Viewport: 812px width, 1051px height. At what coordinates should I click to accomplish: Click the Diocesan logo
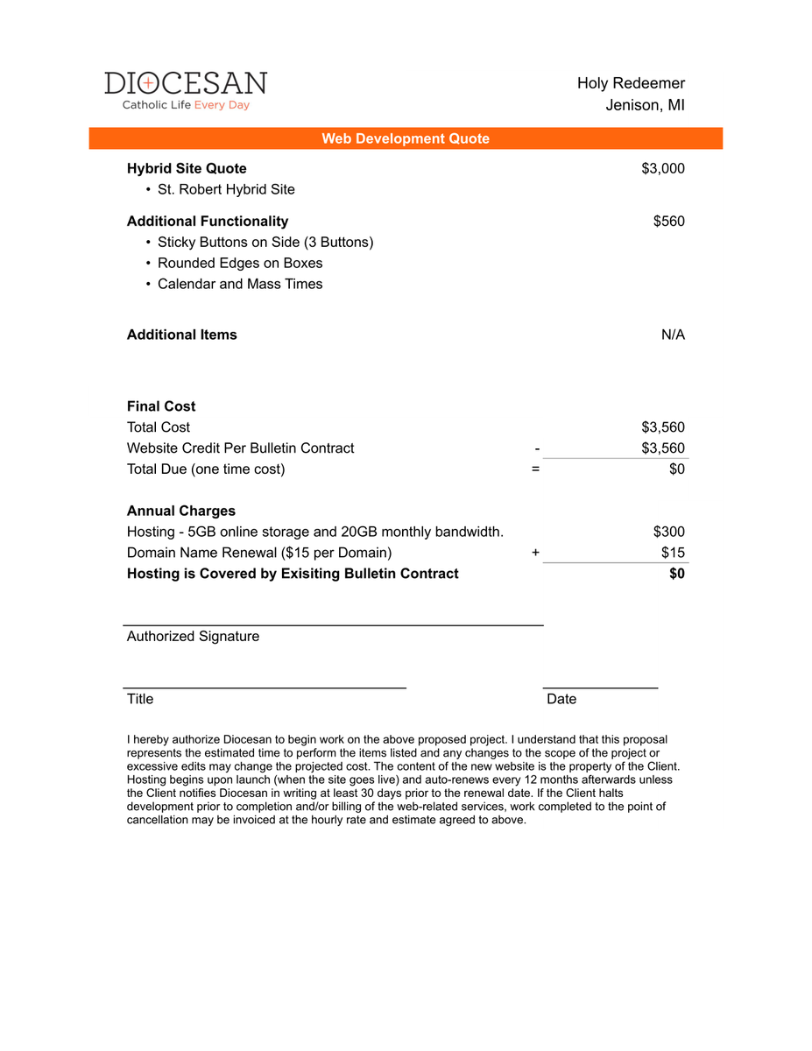pos(185,90)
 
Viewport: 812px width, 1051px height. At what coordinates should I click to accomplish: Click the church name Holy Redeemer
pos(631,83)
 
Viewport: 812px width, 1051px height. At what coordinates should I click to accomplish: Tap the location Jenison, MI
pos(645,105)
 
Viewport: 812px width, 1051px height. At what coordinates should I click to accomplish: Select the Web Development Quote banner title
pos(406,138)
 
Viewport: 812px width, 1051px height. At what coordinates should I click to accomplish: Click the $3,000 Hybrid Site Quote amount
pos(663,168)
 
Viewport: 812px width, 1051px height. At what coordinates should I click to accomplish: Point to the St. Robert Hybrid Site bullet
pos(226,189)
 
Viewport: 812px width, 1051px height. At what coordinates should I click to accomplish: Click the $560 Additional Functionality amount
pos(669,221)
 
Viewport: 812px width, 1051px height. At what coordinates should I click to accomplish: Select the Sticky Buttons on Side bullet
pos(265,242)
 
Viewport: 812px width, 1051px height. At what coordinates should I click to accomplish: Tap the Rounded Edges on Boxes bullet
pos(240,263)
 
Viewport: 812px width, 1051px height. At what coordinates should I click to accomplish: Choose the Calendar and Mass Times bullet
pos(240,284)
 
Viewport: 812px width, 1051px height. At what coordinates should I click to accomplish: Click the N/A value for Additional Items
pos(673,335)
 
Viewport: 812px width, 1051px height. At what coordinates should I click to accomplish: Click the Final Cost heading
pos(161,406)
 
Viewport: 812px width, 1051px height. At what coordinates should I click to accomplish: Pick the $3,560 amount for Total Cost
pos(663,427)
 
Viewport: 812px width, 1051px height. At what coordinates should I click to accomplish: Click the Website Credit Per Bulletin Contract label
pos(241,448)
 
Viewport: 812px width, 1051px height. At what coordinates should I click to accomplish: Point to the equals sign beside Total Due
pos(535,469)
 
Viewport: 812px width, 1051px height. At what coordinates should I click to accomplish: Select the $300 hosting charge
pos(669,532)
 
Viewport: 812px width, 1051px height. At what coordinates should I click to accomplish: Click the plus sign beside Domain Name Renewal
pos(535,553)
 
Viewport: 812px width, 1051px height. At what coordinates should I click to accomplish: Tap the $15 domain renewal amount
pos(673,553)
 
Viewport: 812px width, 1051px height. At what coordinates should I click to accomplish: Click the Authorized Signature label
pos(193,636)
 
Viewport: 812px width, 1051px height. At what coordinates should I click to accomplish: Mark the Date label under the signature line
pos(561,699)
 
